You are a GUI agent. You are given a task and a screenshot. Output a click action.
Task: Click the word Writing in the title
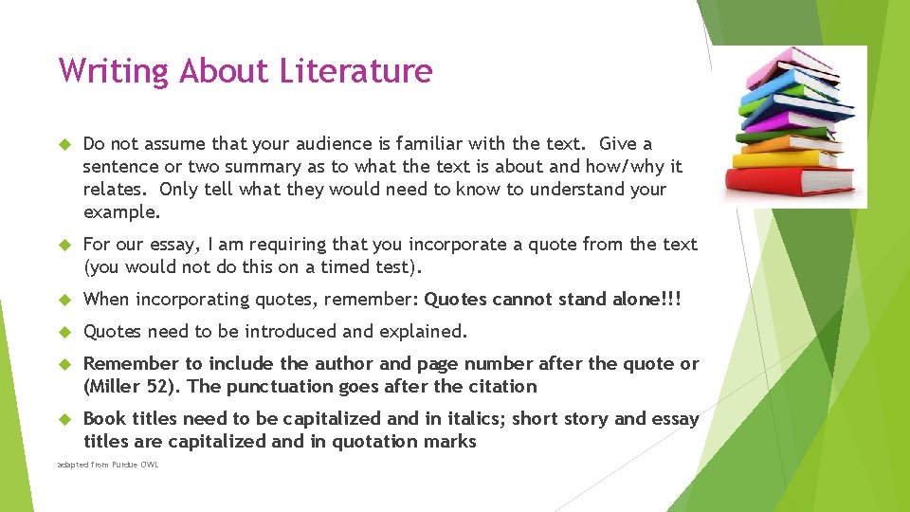(114, 71)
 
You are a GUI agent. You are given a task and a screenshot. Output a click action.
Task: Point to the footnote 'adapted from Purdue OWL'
(108, 465)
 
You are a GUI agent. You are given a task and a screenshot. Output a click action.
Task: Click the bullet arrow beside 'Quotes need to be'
(65, 332)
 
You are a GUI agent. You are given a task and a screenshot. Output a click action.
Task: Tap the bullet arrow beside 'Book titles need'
(65, 419)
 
